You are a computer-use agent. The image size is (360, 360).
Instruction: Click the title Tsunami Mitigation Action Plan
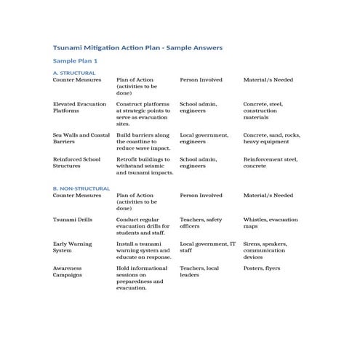(x=137, y=47)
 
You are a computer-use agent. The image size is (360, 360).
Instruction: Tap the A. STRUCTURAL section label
(x=73, y=73)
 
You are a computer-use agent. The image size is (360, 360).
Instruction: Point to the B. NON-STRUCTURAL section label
(x=81, y=188)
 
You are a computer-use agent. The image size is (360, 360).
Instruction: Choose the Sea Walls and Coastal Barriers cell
(x=81, y=138)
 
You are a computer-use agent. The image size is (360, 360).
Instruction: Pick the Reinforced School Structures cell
(x=76, y=162)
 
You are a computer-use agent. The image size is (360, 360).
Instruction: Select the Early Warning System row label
(x=73, y=247)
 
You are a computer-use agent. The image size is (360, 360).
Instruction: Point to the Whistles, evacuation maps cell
(x=270, y=223)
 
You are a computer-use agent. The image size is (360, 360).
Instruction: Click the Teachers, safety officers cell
(x=201, y=223)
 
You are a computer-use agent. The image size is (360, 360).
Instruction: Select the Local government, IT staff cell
(x=207, y=247)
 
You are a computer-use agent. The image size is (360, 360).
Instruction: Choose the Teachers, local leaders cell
(x=199, y=271)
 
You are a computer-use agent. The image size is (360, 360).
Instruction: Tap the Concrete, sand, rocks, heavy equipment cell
(x=271, y=138)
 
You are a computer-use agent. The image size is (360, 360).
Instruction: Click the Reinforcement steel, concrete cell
(x=270, y=162)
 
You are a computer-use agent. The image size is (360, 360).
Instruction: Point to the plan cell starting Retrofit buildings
(x=145, y=166)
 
